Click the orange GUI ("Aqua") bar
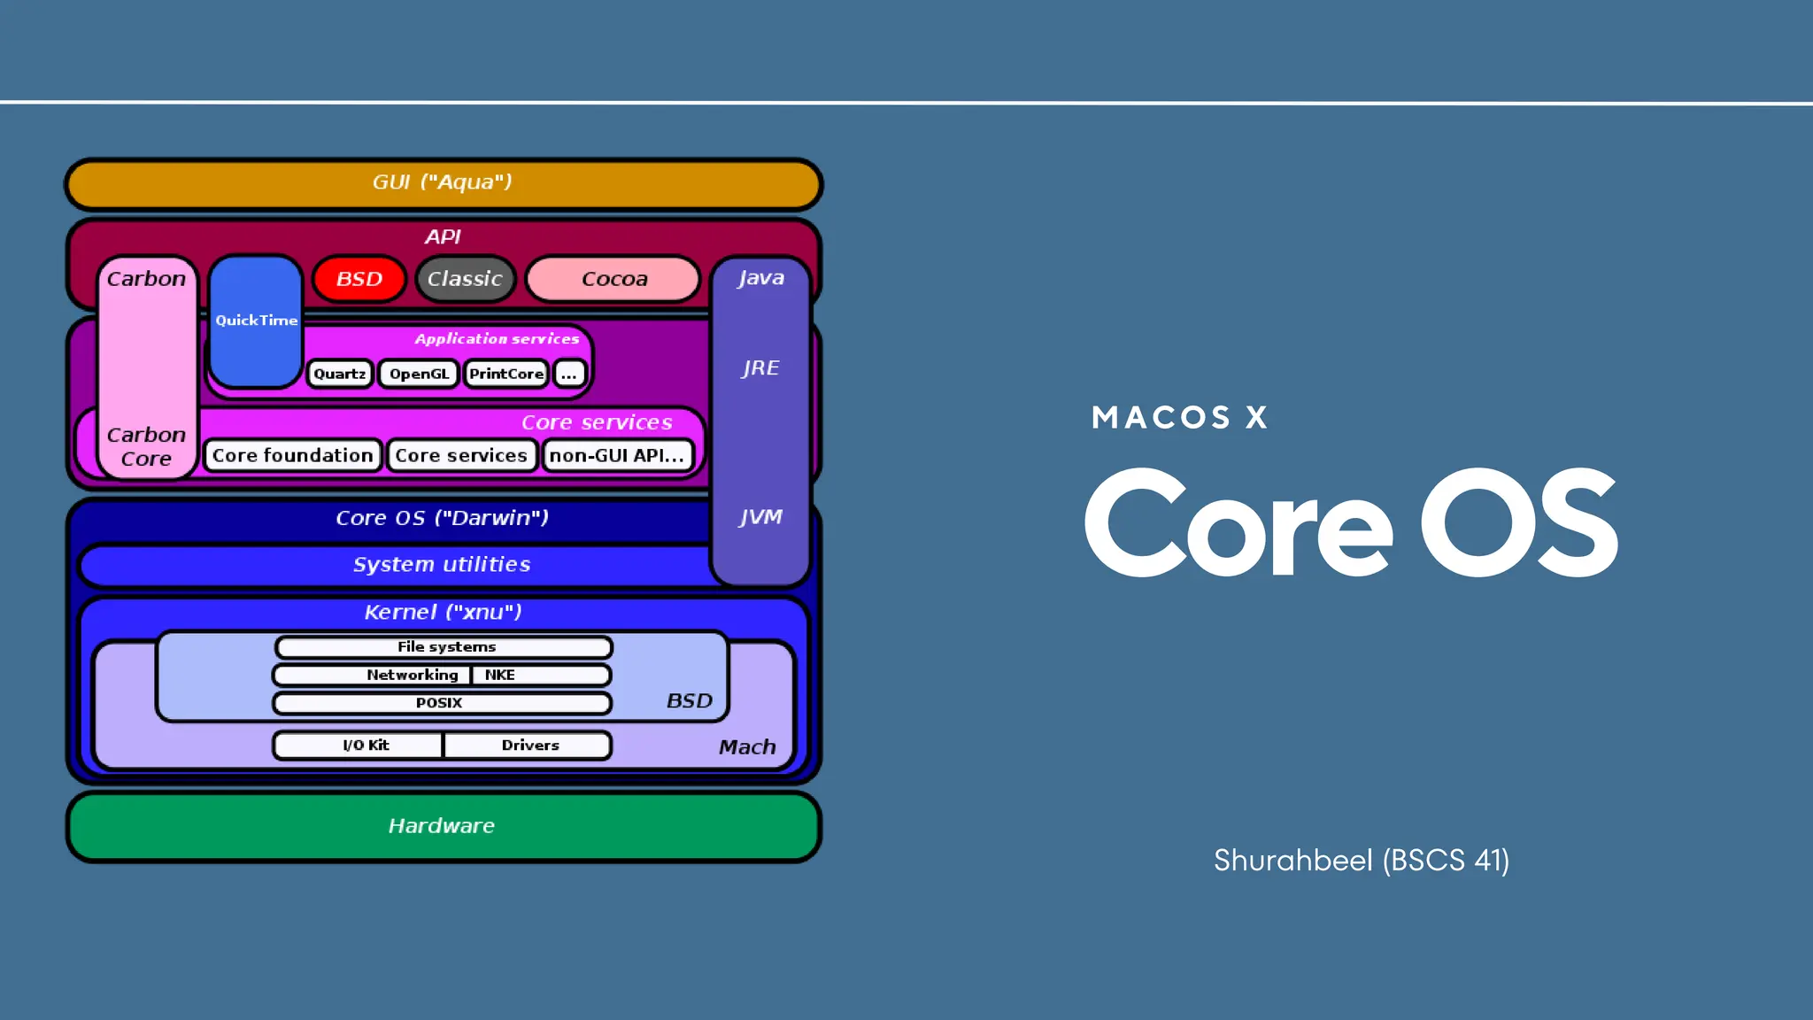click(x=443, y=183)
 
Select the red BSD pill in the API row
click(x=359, y=279)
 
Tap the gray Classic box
click(x=465, y=279)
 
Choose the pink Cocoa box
click(x=613, y=279)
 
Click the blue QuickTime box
click(x=256, y=321)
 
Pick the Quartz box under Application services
click(x=340, y=374)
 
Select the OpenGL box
click(x=419, y=374)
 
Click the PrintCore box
click(x=505, y=374)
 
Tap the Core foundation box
click(x=293, y=455)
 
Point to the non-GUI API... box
click(x=617, y=455)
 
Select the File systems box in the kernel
click(x=444, y=647)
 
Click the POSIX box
click(x=441, y=703)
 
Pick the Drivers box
click(x=528, y=746)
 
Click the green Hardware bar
click(x=443, y=826)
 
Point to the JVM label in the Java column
click(x=760, y=517)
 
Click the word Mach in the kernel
click(x=747, y=747)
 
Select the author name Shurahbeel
click(x=1292, y=861)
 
